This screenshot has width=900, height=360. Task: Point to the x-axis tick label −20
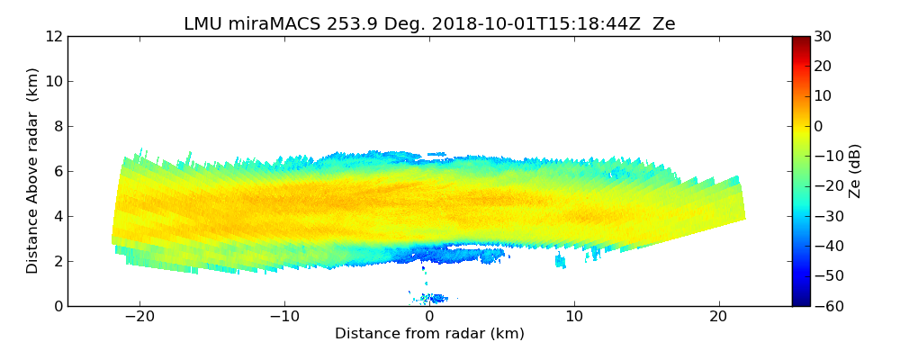(x=139, y=318)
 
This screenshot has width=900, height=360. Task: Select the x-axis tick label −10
(x=284, y=318)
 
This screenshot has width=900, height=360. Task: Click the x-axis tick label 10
(x=574, y=318)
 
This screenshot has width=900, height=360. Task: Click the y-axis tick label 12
(x=53, y=36)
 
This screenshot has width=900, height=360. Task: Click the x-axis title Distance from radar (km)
(x=429, y=334)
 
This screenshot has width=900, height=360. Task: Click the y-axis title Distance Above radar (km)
(x=33, y=171)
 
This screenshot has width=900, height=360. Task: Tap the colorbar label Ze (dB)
(x=855, y=171)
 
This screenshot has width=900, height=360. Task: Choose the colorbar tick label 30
(x=822, y=36)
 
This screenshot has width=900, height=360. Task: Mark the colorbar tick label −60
(x=824, y=306)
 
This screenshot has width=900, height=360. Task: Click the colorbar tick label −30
(x=824, y=216)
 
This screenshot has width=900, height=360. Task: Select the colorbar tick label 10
(x=822, y=96)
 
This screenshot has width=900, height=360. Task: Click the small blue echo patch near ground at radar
(x=436, y=298)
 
